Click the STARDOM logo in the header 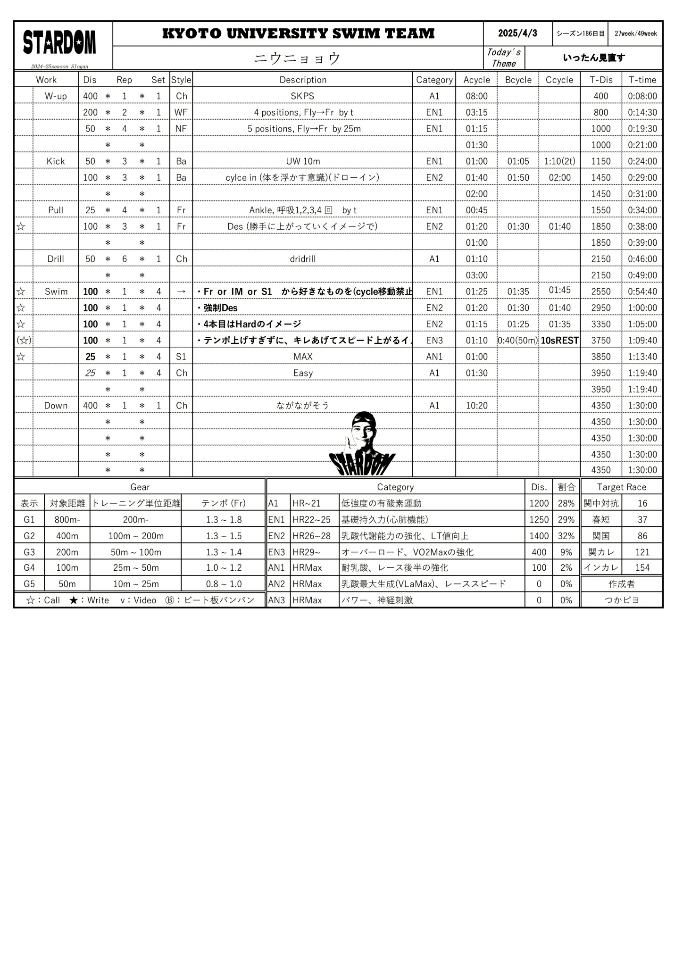(x=59, y=43)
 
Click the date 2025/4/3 (x=517, y=33)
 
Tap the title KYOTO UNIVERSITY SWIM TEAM (x=298, y=33)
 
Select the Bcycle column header (x=518, y=80)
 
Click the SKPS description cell (x=302, y=96)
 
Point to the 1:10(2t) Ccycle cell (x=559, y=161)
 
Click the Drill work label (x=56, y=259)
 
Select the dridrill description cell (x=302, y=259)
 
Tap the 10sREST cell (x=559, y=341)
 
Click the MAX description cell (x=302, y=357)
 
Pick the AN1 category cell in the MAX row (x=434, y=357)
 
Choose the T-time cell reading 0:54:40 (x=642, y=291)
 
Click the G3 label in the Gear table (x=29, y=552)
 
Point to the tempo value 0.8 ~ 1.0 (x=224, y=584)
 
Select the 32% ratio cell (x=566, y=536)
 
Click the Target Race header (x=621, y=487)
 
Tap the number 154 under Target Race (x=642, y=568)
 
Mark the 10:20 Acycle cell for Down (x=476, y=406)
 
